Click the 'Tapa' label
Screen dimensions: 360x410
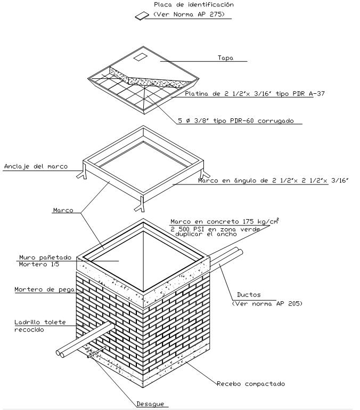(x=225, y=58)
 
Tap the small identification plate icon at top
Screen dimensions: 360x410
(x=142, y=15)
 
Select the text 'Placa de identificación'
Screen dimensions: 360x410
(x=194, y=4)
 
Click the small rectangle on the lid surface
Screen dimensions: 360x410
(x=141, y=57)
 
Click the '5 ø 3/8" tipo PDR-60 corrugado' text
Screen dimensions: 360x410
(x=236, y=121)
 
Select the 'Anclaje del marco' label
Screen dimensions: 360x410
(x=36, y=166)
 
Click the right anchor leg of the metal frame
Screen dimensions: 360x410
(x=203, y=172)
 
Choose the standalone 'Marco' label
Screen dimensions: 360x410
(x=63, y=210)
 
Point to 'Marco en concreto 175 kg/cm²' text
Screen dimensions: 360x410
(x=225, y=221)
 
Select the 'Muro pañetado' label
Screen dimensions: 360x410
(x=45, y=258)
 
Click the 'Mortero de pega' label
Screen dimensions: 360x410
(x=44, y=290)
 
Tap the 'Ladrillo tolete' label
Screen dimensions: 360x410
(x=40, y=322)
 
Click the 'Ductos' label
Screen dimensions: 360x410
(x=249, y=295)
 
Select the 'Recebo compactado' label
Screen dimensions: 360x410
(x=251, y=384)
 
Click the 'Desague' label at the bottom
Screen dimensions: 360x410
(x=150, y=404)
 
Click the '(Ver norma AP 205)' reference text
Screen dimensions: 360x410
(x=267, y=303)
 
